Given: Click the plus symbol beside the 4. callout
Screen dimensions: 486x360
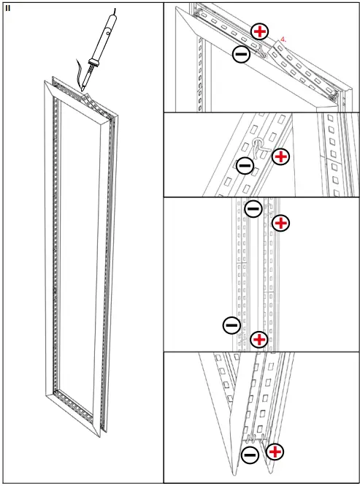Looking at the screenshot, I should [x=259, y=31].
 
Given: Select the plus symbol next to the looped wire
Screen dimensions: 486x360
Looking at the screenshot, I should [x=280, y=156].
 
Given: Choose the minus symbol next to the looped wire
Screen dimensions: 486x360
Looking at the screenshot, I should [x=245, y=166].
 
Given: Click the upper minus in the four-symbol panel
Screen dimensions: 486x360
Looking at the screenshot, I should [x=253, y=208].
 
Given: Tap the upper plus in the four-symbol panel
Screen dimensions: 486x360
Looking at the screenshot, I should [x=280, y=223].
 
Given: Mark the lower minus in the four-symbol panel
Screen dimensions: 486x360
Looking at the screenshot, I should [x=231, y=324].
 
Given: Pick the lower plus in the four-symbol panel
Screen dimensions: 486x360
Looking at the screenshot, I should [x=258, y=339].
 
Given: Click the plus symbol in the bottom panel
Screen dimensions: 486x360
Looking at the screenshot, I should [x=275, y=452].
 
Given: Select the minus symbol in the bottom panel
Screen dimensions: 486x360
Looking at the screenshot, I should [x=250, y=455].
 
